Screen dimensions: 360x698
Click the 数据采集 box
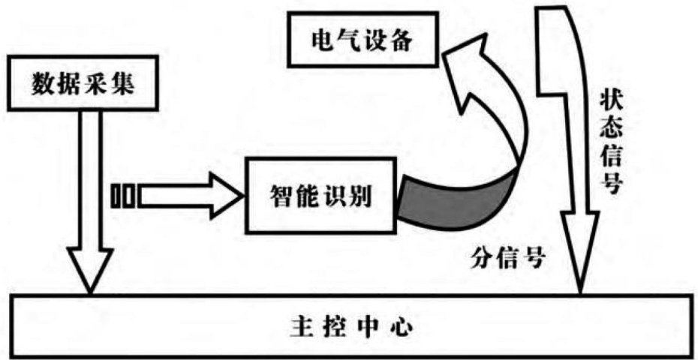(82, 82)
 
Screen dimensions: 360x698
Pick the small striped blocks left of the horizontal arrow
(124, 196)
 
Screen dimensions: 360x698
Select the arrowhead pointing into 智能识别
(229, 196)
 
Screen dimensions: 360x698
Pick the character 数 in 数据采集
(41, 82)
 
